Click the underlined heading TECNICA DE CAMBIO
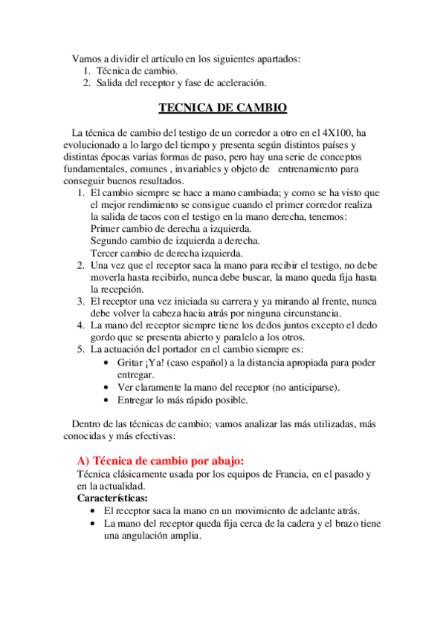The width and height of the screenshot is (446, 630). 223,108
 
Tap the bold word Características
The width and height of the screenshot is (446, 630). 112,497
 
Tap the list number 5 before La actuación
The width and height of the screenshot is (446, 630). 81,349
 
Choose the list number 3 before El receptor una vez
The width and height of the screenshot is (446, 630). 81,301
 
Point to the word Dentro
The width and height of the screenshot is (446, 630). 87,423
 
